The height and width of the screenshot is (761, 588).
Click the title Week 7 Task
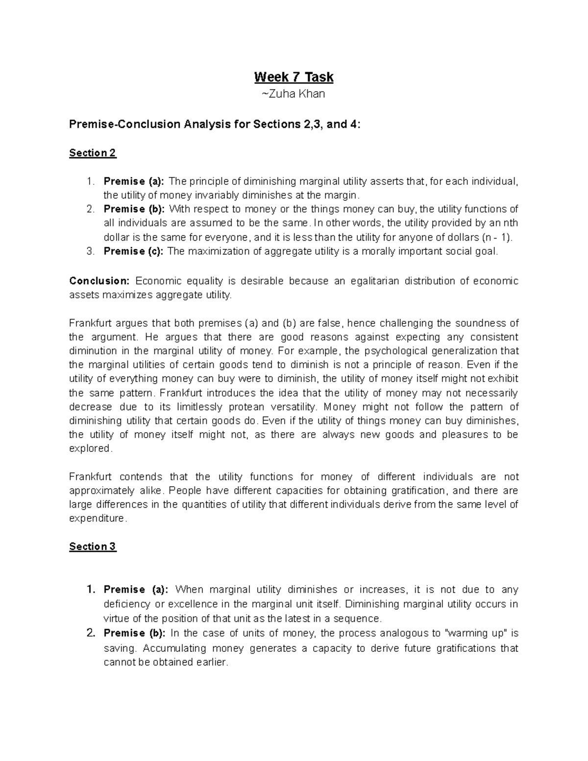click(294, 77)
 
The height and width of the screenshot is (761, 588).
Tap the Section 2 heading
click(93, 153)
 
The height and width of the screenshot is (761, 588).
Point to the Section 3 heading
click(93, 546)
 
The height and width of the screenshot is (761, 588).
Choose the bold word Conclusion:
click(99, 281)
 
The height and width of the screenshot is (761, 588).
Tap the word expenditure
click(98, 518)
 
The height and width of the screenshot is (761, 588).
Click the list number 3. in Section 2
click(90, 251)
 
